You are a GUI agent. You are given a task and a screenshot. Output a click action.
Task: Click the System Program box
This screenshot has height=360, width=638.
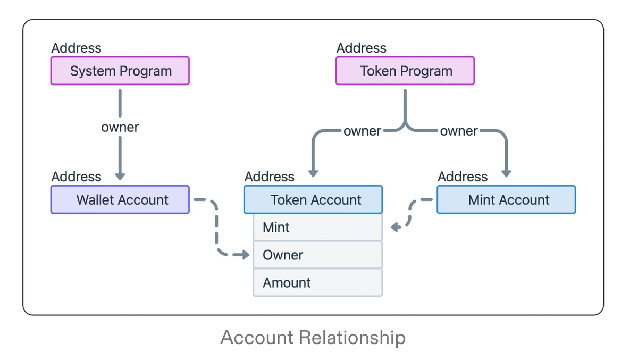click(x=120, y=71)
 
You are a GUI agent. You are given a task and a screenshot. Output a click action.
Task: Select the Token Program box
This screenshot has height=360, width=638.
click(x=405, y=71)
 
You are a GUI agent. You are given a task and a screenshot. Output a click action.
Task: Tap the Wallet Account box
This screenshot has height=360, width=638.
click(x=120, y=200)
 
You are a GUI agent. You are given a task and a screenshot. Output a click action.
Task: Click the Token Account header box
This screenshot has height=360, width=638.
click(x=313, y=200)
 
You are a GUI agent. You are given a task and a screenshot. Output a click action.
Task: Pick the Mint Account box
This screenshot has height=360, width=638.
click(x=506, y=200)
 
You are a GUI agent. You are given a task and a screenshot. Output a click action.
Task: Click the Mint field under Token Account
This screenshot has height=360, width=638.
click(x=317, y=228)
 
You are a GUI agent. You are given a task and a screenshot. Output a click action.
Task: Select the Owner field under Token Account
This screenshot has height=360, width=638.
click(x=317, y=255)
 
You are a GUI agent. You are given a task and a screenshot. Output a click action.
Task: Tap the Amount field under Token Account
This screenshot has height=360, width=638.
click(x=317, y=283)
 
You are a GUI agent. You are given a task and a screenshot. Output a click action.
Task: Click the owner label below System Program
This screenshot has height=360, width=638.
click(x=120, y=128)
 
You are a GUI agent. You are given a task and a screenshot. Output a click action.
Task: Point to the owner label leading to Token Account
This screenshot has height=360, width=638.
click(x=362, y=131)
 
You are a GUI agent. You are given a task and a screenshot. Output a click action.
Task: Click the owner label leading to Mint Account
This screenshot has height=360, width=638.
click(x=458, y=131)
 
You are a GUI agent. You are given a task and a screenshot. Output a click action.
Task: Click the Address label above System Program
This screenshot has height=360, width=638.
click(x=76, y=48)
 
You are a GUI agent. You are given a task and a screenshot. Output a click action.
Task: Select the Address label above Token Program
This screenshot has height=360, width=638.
click(x=361, y=48)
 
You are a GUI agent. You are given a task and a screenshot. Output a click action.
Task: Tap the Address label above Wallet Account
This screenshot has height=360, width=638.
click(x=76, y=177)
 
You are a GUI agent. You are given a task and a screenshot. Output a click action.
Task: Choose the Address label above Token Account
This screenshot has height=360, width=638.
click(x=269, y=177)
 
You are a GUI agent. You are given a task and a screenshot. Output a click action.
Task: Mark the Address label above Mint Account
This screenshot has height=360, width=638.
click(x=462, y=177)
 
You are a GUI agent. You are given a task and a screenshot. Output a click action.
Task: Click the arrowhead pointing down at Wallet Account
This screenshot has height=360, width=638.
click(x=120, y=176)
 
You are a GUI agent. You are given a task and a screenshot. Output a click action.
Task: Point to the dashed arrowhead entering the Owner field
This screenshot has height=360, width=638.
click(x=245, y=255)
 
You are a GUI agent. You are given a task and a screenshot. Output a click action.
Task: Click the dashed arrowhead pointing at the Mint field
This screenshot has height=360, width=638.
click(x=395, y=228)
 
